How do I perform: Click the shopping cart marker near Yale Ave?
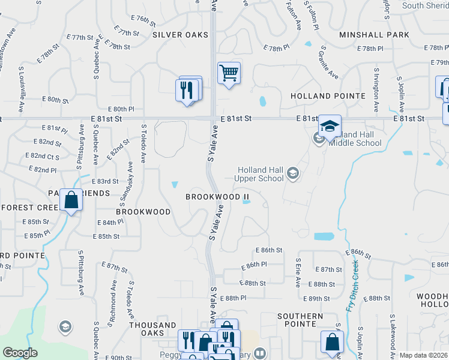click(x=229, y=74)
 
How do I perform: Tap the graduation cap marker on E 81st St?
click(x=330, y=126)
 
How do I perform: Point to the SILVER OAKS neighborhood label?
click(x=180, y=35)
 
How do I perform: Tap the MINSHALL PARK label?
click(x=374, y=35)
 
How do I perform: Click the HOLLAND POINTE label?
click(x=328, y=96)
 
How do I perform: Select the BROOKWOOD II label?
click(x=217, y=197)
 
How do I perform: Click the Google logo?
click(x=20, y=353)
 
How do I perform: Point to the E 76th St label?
click(x=142, y=19)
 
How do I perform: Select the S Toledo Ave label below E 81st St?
click(x=144, y=144)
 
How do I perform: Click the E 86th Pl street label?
click(x=254, y=265)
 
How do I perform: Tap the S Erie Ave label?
click(x=298, y=273)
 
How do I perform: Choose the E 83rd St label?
click(x=104, y=181)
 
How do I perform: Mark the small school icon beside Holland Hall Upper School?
click(x=293, y=174)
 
